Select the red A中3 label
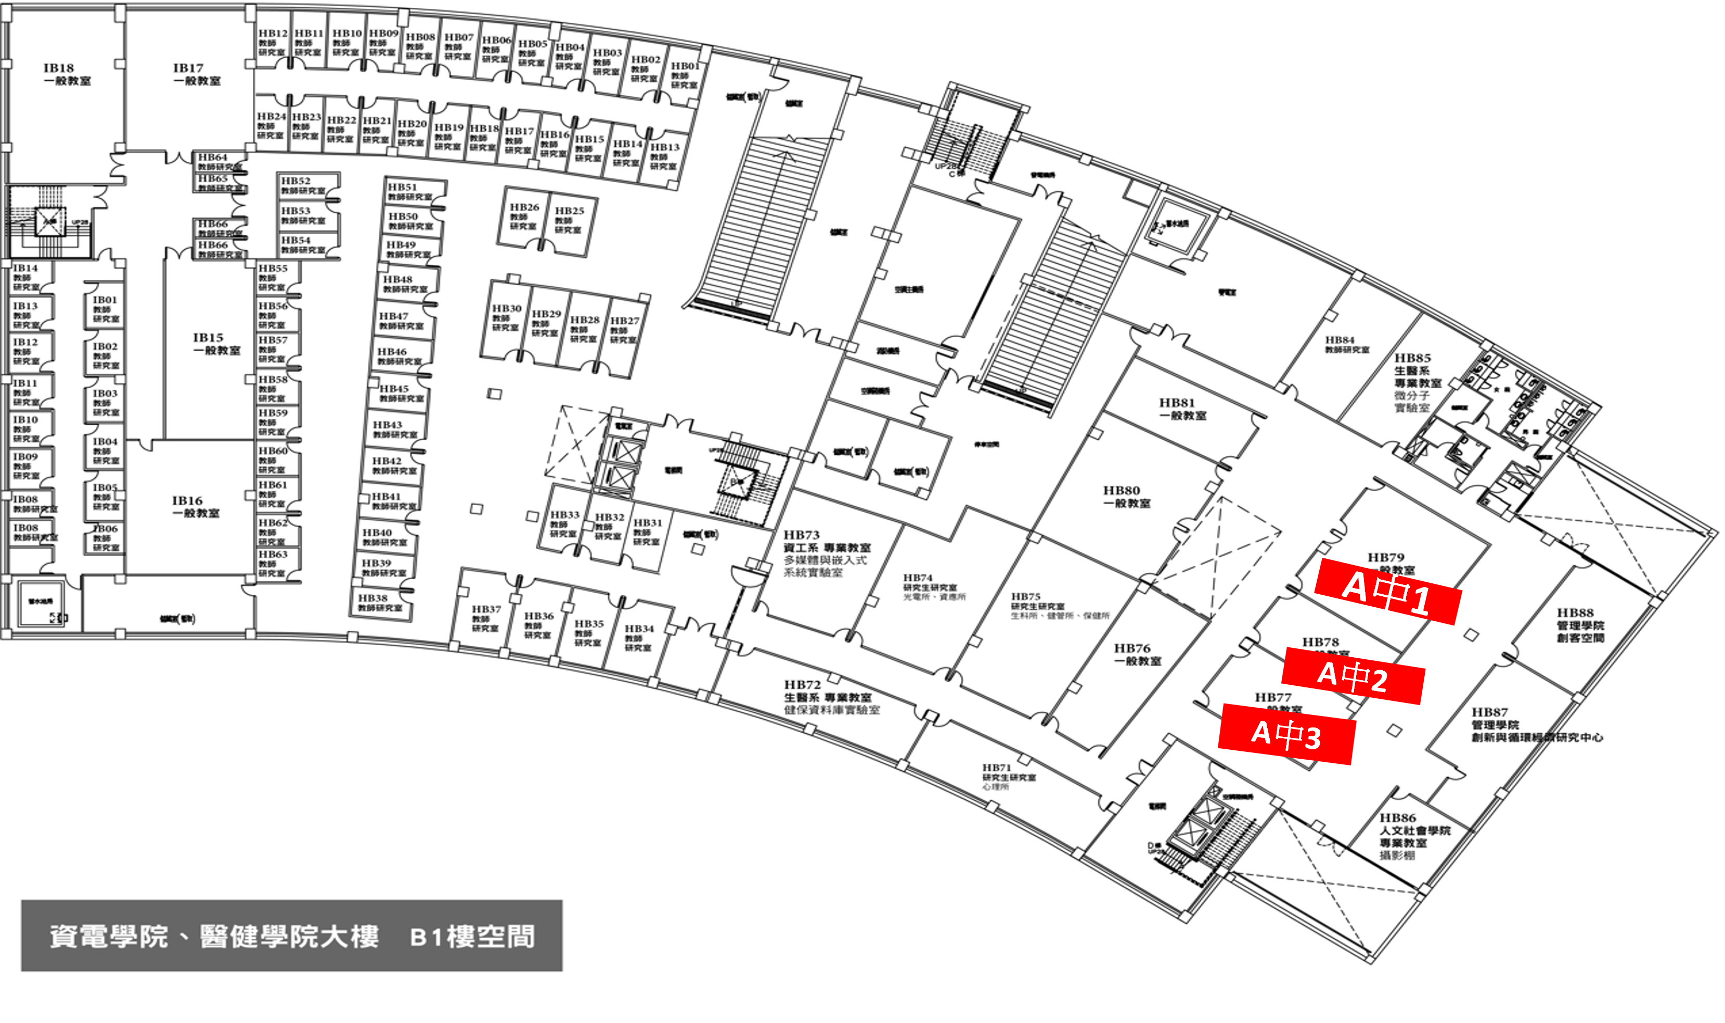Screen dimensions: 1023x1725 coord(1286,734)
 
